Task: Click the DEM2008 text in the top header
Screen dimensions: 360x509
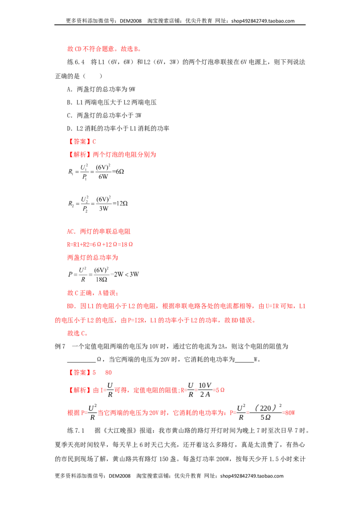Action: (x=130, y=21)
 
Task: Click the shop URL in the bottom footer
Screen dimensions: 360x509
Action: (x=252, y=476)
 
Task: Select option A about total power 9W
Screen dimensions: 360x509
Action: (x=101, y=89)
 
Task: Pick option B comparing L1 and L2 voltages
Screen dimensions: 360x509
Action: (x=112, y=102)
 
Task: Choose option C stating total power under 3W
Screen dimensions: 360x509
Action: (x=104, y=115)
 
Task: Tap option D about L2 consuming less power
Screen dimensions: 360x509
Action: (x=118, y=129)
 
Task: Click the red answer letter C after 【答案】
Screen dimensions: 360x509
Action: (x=94, y=142)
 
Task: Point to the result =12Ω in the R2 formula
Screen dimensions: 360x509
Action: (x=120, y=203)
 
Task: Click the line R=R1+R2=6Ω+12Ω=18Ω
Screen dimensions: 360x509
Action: (x=100, y=245)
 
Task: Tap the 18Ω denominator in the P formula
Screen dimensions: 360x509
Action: (x=101, y=279)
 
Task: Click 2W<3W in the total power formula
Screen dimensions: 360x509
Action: (x=126, y=274)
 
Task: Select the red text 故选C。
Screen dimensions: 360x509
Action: (x=77, y=333)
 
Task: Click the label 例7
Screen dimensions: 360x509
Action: (x=60, y=346)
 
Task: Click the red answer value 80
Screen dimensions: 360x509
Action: (x=108, y=372)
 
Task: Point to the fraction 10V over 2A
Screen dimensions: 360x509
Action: (x=205, y=389)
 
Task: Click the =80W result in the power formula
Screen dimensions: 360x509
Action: (x=288, y=413)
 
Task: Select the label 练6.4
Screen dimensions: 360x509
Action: (x=76, y=62)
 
